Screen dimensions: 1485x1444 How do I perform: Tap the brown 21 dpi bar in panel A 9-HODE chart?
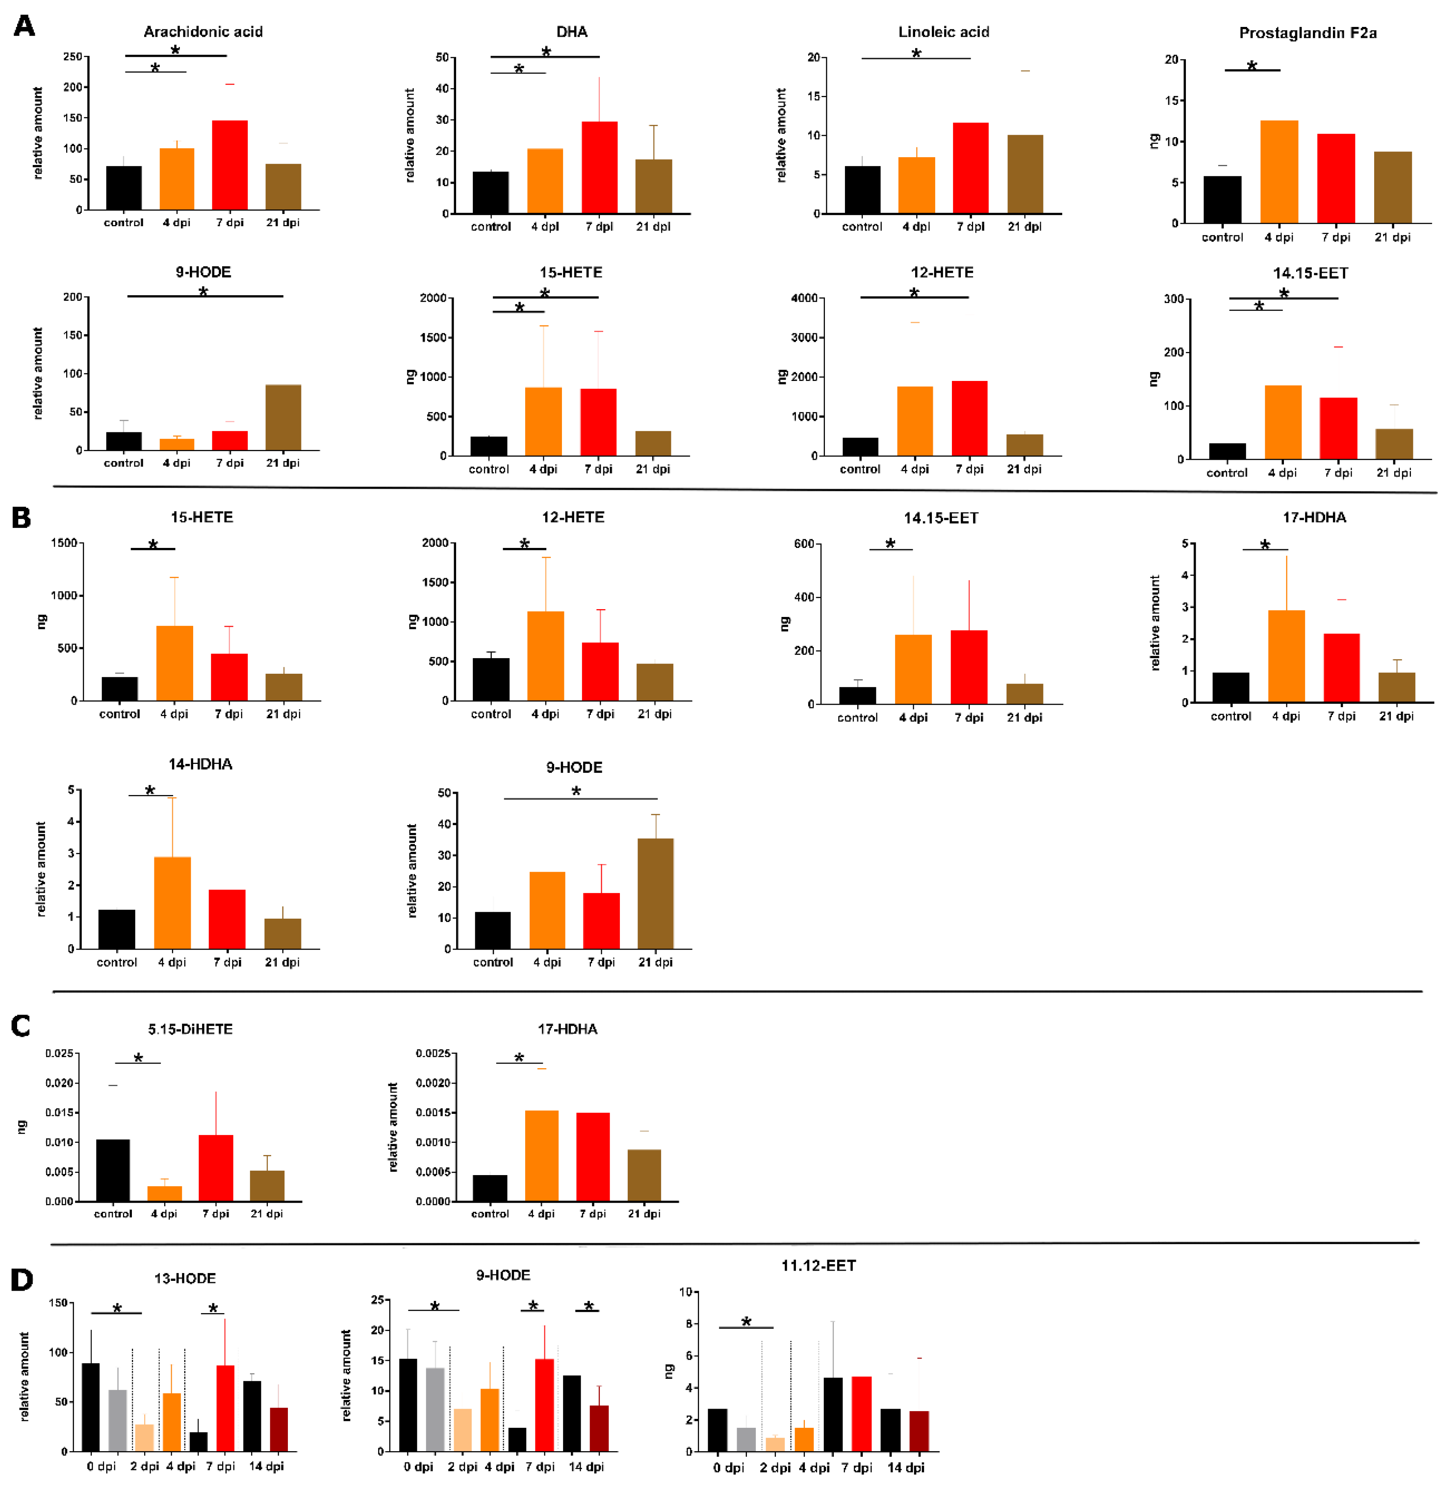283,417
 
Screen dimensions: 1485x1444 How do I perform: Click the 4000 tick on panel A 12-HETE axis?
804,298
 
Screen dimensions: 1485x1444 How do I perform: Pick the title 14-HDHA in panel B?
200,764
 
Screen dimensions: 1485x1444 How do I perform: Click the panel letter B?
21,518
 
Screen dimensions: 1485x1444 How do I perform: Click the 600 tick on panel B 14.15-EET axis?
804,544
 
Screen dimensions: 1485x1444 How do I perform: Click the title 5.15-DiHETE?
190,1029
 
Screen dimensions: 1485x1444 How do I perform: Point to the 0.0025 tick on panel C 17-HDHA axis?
432,1053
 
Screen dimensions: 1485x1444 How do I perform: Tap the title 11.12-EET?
818,1266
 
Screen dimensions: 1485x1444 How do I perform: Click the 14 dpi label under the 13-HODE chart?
266,1466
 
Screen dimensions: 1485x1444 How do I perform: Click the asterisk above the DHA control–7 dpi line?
546,51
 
